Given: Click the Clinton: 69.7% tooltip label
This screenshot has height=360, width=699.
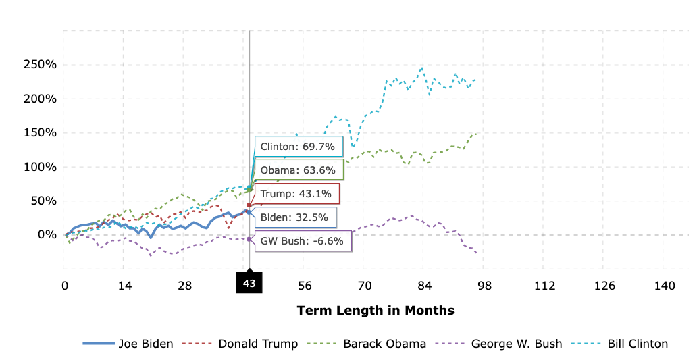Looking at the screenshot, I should coord(297,147).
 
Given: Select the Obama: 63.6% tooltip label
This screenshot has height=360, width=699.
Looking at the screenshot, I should coord(297,170).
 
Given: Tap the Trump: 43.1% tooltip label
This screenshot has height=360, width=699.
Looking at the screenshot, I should coord(296,194).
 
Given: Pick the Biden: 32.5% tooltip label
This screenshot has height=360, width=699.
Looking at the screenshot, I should coord(294,217).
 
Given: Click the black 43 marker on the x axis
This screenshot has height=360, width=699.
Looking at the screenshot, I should coord(249,284).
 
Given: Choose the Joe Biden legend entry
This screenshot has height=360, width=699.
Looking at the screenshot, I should coord(128,344).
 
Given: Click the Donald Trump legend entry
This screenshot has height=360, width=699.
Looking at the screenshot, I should coord(241,344).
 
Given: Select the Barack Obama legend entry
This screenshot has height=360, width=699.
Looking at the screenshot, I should coord(368,344).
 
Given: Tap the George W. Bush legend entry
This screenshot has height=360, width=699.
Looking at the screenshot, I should coord(500,344).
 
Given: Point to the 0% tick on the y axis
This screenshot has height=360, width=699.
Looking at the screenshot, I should coord(46,234).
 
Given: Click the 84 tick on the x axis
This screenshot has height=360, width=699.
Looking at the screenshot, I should coord(424,286).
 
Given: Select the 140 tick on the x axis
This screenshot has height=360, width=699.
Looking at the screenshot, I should coord(665,286).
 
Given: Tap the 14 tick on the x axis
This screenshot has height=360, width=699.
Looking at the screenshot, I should coord(124,286).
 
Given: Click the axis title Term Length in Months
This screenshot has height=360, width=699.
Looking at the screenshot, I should coord(376,311).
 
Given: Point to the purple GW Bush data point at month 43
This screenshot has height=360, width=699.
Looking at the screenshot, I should coord(249,239).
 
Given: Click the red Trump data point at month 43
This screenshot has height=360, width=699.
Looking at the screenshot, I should coord(249,205).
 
